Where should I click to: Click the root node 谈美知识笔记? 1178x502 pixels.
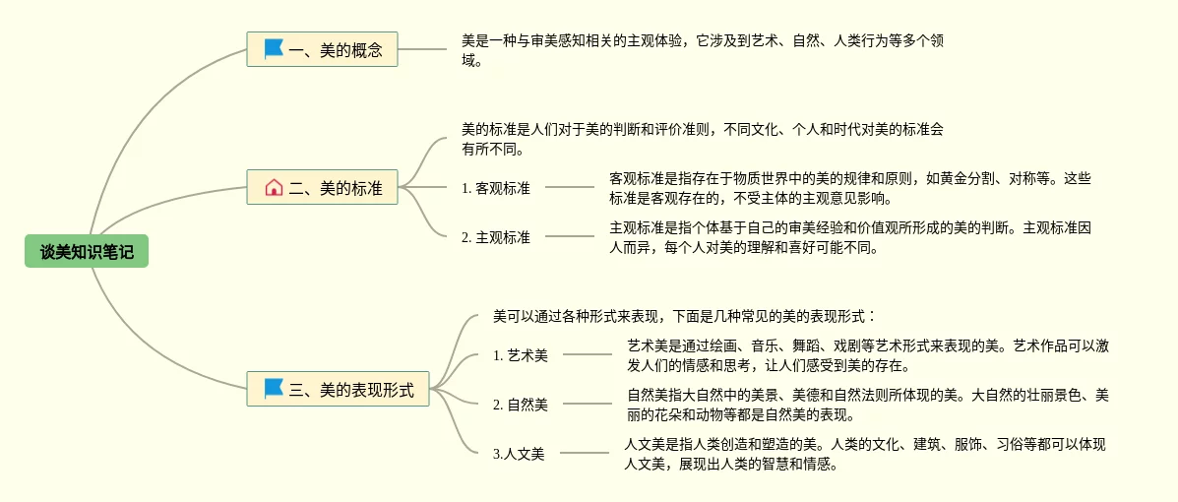87,252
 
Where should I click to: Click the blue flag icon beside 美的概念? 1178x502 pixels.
274,48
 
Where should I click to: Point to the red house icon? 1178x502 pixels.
274,187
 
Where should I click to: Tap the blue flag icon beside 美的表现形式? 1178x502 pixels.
274,389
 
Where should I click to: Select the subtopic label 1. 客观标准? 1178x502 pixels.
496,188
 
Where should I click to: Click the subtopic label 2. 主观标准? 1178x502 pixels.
496,237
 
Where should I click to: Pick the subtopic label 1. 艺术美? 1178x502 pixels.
521,355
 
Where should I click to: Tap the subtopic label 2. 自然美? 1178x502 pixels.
521,404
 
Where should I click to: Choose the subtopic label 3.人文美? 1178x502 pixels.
519,454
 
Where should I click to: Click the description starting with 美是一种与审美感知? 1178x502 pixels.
703,50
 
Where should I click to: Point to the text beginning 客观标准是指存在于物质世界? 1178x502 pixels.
850,188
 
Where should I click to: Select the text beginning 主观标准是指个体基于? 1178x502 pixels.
850,237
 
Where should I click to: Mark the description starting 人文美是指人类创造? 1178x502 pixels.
865,454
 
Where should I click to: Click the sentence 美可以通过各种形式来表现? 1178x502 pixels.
685,317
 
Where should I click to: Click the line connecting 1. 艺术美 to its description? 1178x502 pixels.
588,354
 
